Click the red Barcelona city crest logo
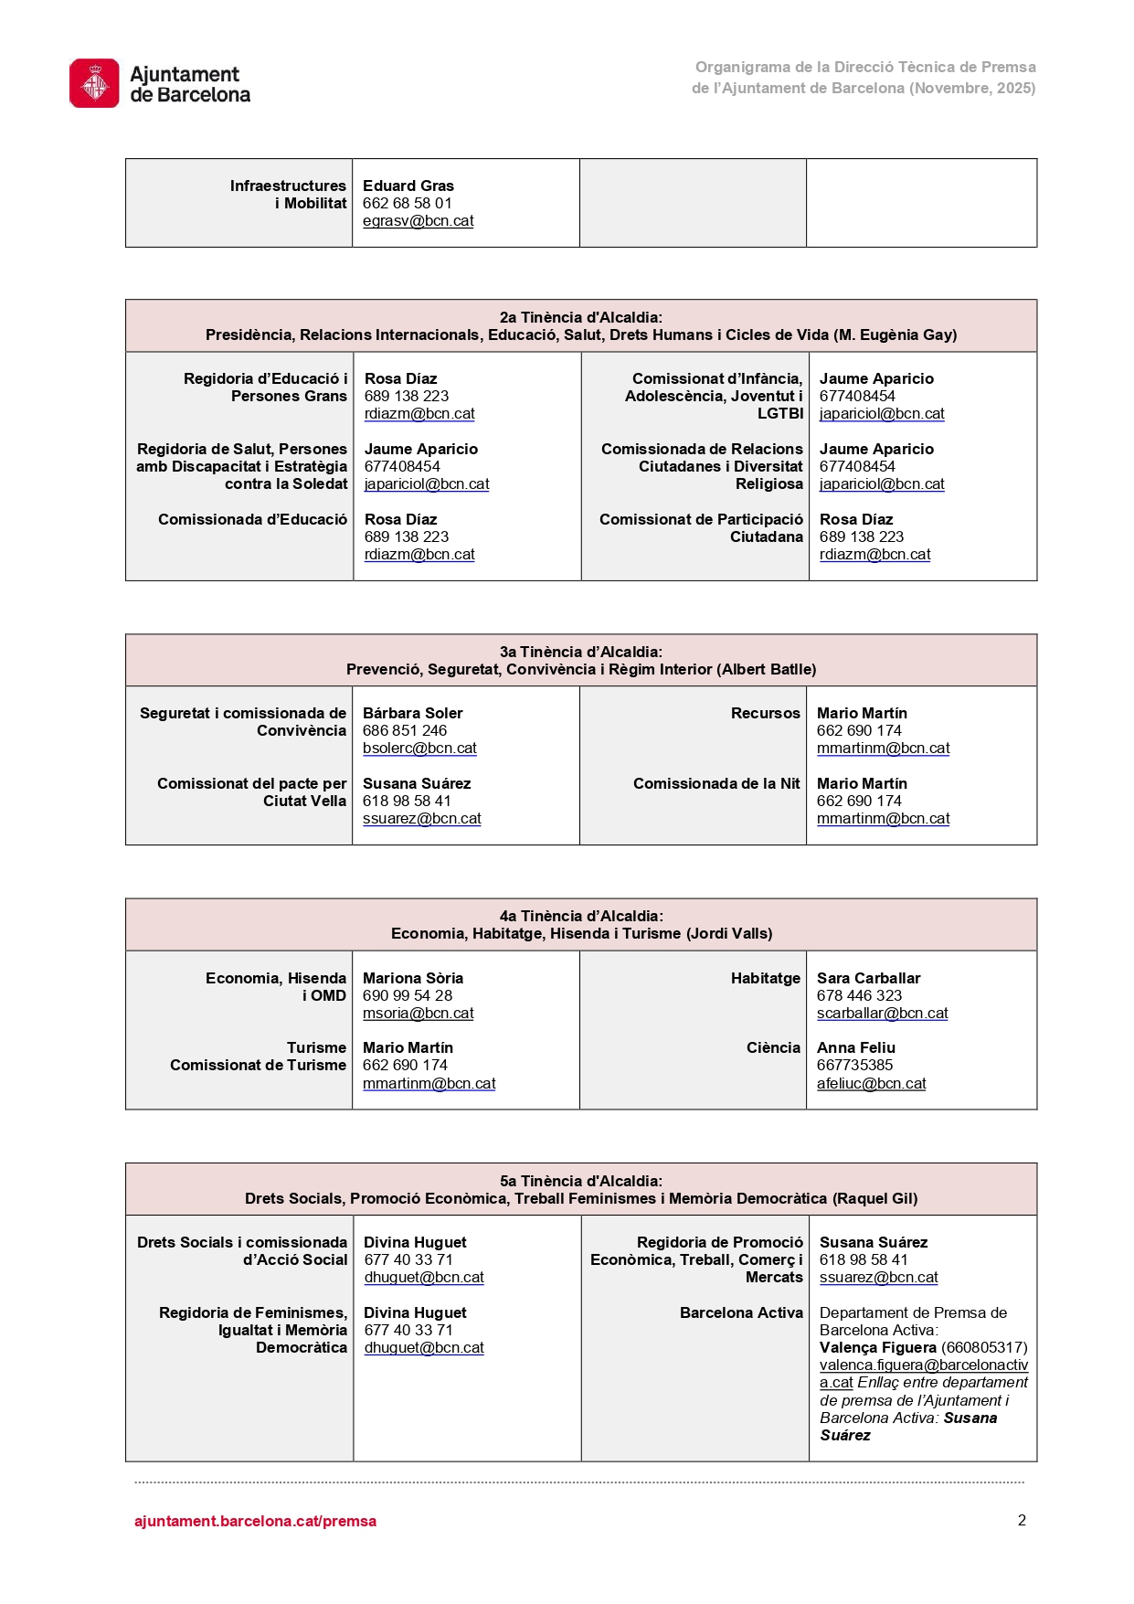[94, 83]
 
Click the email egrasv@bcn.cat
[418, 220]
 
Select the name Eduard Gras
[408, 186]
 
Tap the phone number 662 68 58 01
[407, 203]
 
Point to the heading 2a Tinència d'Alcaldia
[580, 317]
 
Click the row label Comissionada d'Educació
[252, 519]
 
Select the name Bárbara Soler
[412, 713]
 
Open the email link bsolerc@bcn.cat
[419, 748]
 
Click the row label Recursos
[765, 713]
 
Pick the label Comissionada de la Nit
[716, 783]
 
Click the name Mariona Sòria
[412, 978]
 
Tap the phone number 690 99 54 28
[407, 995]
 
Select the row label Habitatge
[765, 978]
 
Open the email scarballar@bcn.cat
[882, 1013]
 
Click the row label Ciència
[773, 1047]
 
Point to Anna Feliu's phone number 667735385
[854, 1065]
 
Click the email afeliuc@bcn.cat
[871, 1083]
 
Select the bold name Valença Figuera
[877, 1347]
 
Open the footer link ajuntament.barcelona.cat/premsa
[255, 1521]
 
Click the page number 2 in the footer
[1022, 1520]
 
